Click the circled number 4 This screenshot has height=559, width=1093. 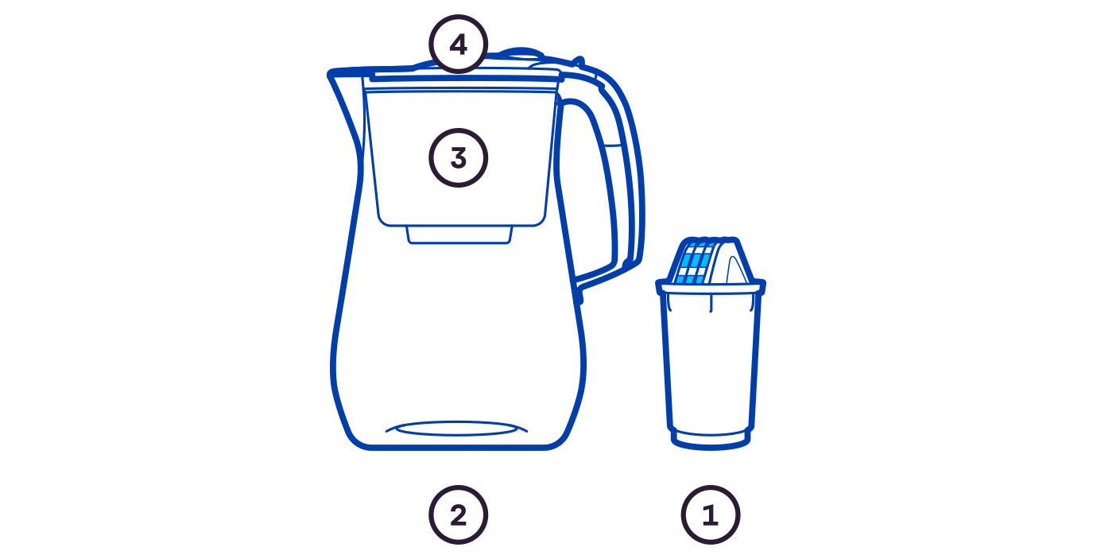[x=458, y=45]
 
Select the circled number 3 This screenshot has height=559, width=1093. [x=458, y=157]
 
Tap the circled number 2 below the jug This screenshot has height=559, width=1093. [x=458, y=514]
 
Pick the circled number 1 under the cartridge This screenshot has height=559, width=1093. [x=711, y=514]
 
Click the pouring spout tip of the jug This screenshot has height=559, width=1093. [x=330, y=74]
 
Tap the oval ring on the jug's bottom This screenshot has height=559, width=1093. [x=457, y=429]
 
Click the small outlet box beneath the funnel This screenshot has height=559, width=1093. [x=459, y=235]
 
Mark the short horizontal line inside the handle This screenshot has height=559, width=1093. [x=614, y=145]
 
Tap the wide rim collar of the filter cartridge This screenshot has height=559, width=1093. [x=711, y=287]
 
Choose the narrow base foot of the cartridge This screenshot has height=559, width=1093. [x=711, y=440]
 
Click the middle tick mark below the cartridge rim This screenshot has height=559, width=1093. [x=711, y=304]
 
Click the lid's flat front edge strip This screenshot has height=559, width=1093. [x=466, y=76]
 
